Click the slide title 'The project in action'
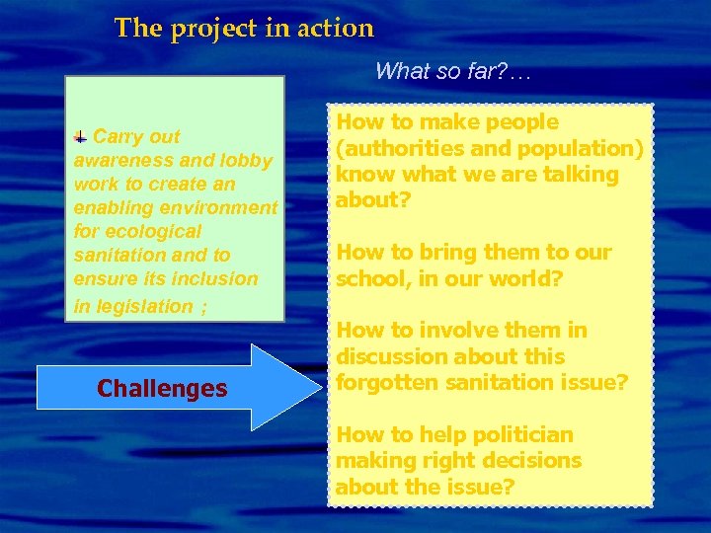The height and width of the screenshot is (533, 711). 244,28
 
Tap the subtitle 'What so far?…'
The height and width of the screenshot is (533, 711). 454,71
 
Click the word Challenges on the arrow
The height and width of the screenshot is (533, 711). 162,389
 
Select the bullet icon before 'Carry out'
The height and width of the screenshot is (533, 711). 81,137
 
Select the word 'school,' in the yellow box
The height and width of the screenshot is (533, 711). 371,278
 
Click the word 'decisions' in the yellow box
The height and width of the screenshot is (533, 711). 531,460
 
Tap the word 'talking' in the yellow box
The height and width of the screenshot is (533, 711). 584,175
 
